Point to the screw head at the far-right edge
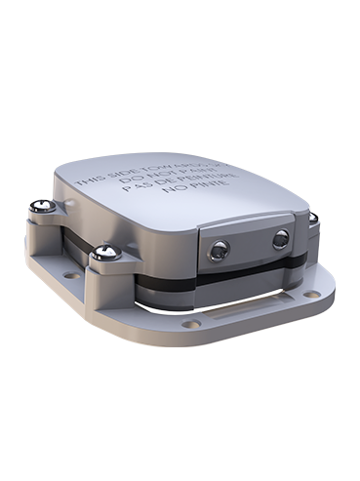313,219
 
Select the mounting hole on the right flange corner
309,293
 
